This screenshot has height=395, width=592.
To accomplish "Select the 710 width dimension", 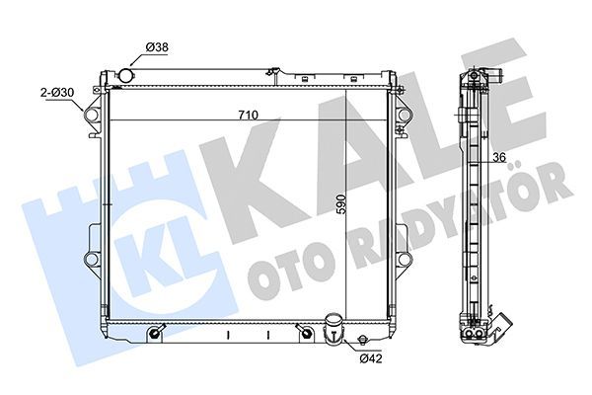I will (x=248, y=116).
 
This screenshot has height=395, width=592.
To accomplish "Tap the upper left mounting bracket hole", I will (x=92, y=115).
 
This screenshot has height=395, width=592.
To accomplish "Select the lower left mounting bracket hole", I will (x=92, y=259).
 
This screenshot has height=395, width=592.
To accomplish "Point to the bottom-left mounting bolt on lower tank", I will (x=155, y=335).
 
